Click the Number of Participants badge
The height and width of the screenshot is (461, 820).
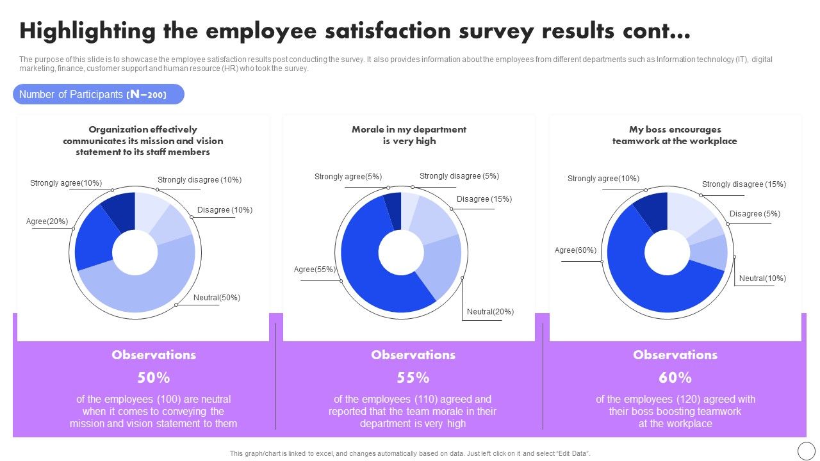(99, 95)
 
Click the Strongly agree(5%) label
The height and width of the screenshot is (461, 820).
(348, 177)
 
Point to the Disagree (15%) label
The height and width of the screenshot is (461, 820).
(484, 199)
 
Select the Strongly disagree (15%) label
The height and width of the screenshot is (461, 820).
(744, 184)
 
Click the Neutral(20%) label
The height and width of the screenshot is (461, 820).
(490, 312)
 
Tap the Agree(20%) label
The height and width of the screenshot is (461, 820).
(47, 222)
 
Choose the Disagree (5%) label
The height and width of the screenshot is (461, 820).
(755, 214)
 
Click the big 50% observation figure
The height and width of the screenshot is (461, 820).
(154, 377)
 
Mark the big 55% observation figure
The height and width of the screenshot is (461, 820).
(413, 377)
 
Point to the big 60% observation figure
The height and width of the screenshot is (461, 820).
(675, 377)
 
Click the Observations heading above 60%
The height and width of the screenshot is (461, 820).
(675, 355)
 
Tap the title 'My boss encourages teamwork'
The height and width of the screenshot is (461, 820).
(675, 135)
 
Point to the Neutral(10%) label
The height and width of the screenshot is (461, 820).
(762, 279)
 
